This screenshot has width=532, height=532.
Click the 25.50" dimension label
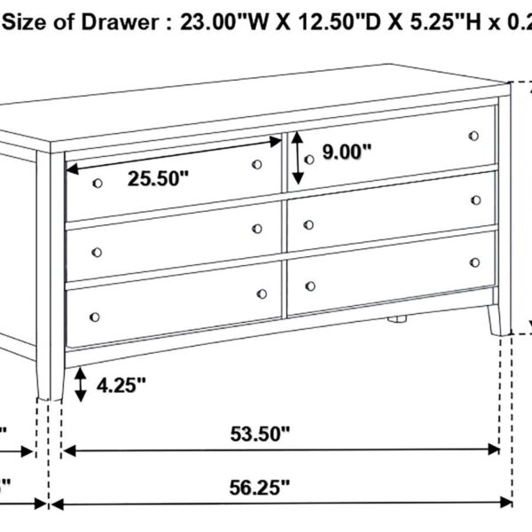point(158,179)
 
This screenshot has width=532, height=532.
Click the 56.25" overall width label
point(260,486)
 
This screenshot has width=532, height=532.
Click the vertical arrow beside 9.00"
point(298,157)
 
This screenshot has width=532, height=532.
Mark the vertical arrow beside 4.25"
point(81,383)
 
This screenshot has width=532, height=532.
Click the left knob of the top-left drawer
point(97,182)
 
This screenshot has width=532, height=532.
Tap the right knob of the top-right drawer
point(474,136)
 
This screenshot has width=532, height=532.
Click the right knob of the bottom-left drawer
point(262,293)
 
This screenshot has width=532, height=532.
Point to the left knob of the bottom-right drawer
point(310,286)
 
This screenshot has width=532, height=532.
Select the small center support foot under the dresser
point(396,317)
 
